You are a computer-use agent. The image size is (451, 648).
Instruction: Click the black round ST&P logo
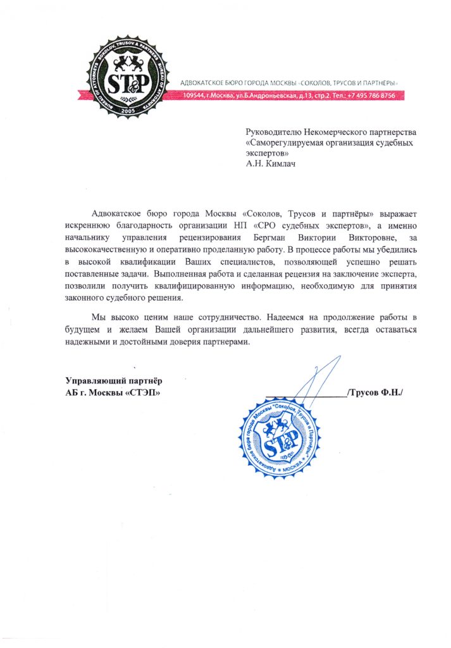pyautogui.click(x=129, y=77)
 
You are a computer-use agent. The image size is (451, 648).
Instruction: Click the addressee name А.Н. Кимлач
pyautogui.click(x=270, y=163)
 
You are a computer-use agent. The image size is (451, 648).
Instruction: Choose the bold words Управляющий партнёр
pyautogui.click(x=113, y=381)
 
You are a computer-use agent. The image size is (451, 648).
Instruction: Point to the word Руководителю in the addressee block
pyautogui.click(x=275, y=132)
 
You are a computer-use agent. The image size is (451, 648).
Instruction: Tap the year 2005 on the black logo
pyautogui.click(x=129, y=109)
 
